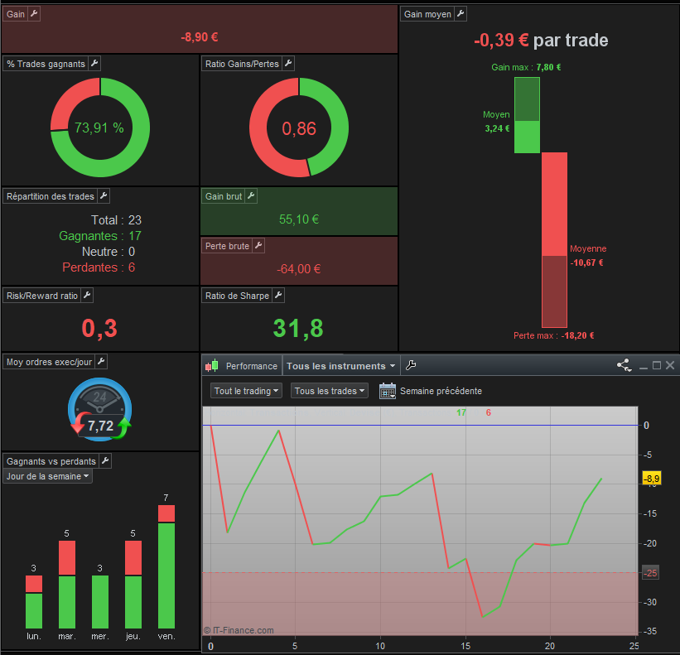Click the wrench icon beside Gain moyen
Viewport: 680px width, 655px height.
click(461, 14)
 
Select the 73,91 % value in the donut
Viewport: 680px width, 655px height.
click(99, 128)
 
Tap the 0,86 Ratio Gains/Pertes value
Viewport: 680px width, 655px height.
click(299, 128)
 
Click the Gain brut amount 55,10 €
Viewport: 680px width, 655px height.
click(299, 219)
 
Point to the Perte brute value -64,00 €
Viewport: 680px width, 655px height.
click(299, 269)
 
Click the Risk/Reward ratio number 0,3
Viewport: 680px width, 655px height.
click(99, 328)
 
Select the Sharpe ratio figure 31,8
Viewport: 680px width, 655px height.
click(298, 328)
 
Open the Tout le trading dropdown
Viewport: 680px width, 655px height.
click(246, 391)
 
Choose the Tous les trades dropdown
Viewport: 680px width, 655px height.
click(329, 391)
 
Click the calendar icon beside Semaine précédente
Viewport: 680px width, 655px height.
click(388, 391)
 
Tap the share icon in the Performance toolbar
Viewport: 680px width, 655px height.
click(624, 365)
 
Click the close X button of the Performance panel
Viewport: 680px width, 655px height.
click(670, 365)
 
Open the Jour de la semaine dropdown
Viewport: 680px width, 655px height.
click(48, 476)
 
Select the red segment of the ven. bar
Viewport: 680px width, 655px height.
click(166, 513)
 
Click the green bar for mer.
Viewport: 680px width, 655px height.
click(99, 602)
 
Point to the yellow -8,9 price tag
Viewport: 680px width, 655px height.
click(651, 479)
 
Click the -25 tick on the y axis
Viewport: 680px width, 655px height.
click(650, 573)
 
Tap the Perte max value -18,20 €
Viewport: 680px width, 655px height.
click(577, 335)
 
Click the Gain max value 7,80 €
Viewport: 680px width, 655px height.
click(548, 67)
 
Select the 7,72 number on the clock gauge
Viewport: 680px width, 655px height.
click(100, 426)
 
